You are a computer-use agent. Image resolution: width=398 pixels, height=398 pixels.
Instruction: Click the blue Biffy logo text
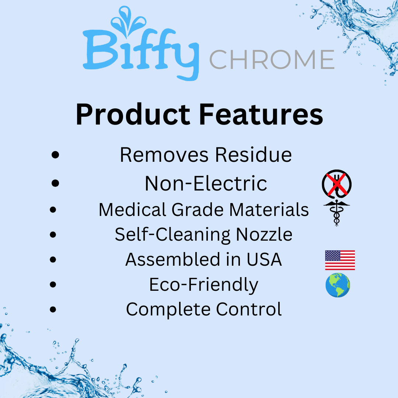(x=141, y=52)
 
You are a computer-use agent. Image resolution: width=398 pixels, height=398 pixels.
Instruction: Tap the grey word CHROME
(x=272, y=59)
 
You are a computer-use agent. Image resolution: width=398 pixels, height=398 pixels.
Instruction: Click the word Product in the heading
(x=133, y=115)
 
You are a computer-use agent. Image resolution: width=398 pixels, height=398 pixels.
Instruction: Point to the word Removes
(x=164, y=155)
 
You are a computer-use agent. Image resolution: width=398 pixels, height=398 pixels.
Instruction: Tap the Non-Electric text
(x=206, y=183)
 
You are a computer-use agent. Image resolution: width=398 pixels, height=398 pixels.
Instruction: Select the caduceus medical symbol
(x=336, y=213)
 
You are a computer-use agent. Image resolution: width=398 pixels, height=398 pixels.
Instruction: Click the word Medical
(x=133, y=210)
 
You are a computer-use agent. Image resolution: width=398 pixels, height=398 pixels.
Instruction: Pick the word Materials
(x=269, y=210)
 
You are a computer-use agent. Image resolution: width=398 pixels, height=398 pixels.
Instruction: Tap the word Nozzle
(x=264, y=234)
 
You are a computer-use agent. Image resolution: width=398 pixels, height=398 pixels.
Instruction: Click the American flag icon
(x=340, y=260)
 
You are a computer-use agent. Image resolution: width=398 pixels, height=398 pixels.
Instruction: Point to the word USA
(x=264, y=259)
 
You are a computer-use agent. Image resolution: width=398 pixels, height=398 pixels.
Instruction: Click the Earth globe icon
(x=338, y=285)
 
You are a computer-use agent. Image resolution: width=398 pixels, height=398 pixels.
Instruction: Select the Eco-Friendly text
(x=203, y=285)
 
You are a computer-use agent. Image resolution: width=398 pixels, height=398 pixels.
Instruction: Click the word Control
(x=249, y=309)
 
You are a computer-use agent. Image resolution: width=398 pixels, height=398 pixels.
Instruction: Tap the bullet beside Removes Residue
(x=55, y=155)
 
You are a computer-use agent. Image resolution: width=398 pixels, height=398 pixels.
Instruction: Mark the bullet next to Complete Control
(x=53, y=310)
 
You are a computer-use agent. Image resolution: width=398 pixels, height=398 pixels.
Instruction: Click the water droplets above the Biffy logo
(x=128, y=20)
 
